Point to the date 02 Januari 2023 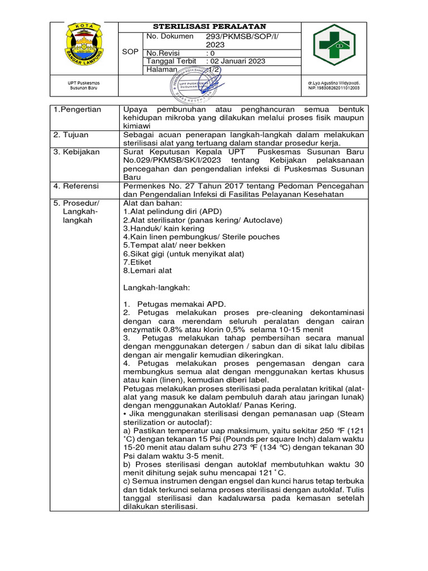point(238,61)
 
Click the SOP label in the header point(131,51)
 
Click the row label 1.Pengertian point(77,110)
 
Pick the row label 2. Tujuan point(72,135)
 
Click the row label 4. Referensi point(76,186)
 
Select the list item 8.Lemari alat point(148,270)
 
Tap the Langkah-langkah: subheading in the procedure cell point(157,287)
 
